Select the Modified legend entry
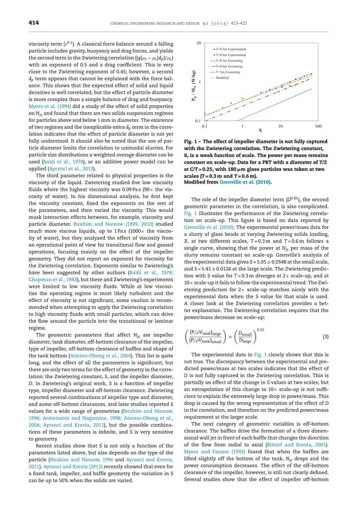(x=223, y=78)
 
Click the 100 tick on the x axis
(x=318, y=126)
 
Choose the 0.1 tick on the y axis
(x=198, y=121)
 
